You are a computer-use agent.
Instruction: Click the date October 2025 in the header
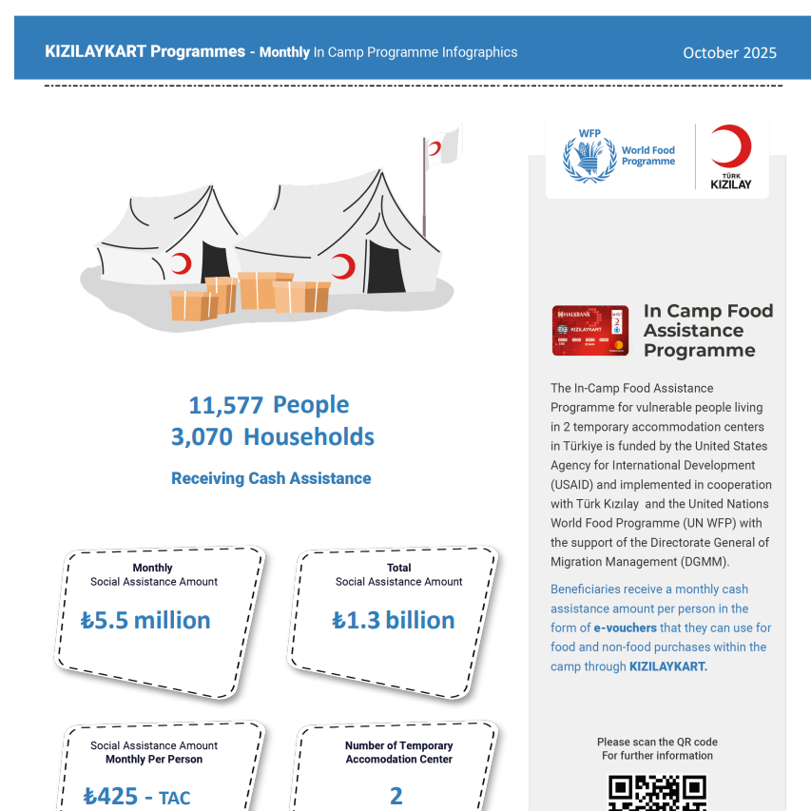pos(729,53)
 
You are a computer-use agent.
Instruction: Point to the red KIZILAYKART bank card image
pos(589,330)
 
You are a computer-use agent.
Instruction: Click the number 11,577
pos(225,406)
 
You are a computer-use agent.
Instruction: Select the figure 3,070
pos(202,437)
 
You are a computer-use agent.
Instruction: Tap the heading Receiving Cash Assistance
pos(271,478)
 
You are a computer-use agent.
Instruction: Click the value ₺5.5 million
pos(146,621)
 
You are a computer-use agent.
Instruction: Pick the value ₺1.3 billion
pos(393,621)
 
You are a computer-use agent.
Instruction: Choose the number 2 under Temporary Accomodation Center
pos(396,796)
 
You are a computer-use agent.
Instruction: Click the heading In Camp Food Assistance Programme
pos(707,330)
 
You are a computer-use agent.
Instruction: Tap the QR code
pos(657,794)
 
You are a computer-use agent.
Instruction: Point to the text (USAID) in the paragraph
pos(575,485)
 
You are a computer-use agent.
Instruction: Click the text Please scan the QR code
pos(657,742)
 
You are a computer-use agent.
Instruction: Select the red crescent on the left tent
pos(182,263)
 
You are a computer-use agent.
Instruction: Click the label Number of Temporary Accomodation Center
pos(399,752)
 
